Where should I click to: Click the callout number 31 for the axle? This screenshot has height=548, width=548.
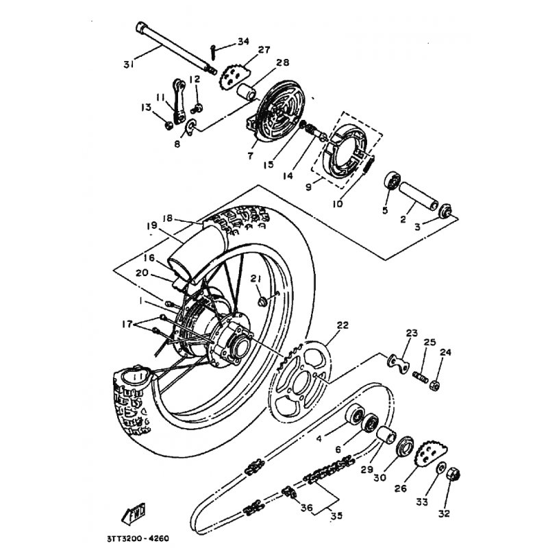(x=128, y=64)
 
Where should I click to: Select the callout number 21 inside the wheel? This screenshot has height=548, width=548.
(x=255, y=278)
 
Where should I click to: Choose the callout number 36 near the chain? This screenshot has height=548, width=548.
(x=306, y=508)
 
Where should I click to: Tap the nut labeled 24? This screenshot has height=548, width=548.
(x=434, y=386)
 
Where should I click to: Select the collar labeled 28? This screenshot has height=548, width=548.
(x=246, y=92)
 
